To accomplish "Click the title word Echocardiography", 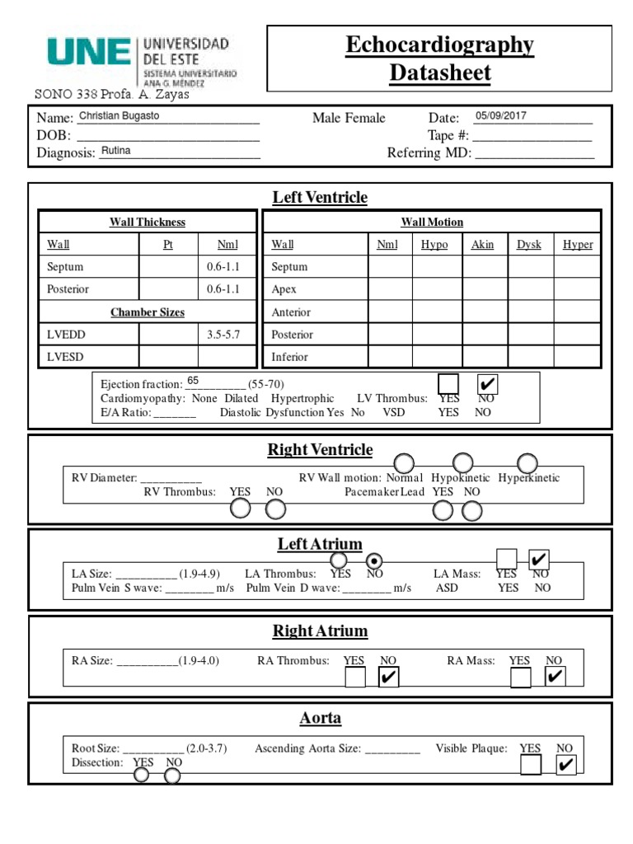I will point(439,45).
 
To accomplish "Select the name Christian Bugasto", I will point(119,116).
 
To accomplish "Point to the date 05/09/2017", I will point(500,116).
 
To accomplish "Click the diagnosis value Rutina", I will point(115,151).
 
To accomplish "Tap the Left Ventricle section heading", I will point(320,197).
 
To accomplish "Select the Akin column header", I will point(482,245).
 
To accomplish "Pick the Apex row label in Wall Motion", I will point(284,289).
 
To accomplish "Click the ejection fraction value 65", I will point(193,380).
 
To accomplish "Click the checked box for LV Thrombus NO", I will point(487,384).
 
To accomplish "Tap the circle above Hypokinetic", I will point(462,462).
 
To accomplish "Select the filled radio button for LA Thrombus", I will point(375,560).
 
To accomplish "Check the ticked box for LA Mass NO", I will point(539,559).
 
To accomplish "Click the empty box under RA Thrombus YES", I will point(354,678).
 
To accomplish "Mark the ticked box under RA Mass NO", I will point(556,678).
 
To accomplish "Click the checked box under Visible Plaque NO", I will point(565,766).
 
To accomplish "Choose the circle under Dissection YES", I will point(142,775).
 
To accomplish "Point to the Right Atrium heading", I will point(320,631).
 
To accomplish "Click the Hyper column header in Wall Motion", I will point(577,245).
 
